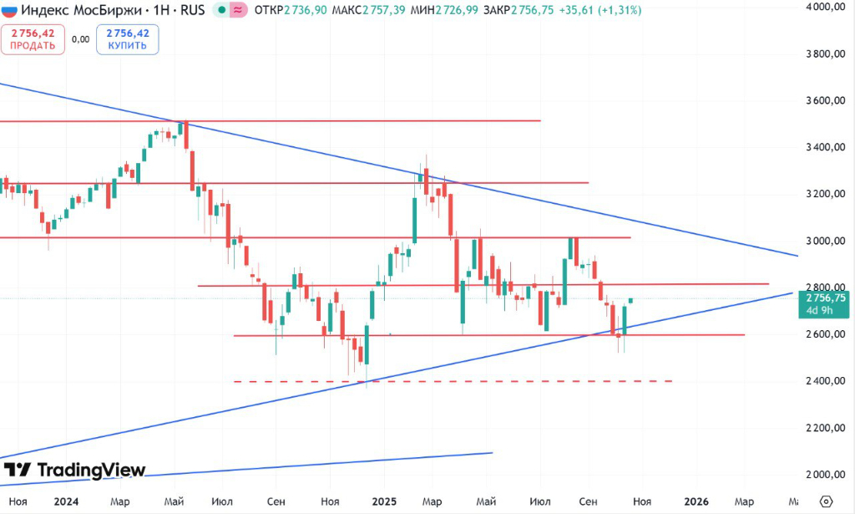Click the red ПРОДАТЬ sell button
[33, 39]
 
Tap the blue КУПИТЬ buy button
[127, 39]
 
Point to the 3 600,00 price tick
[822, 101]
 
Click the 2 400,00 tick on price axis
[822, 381]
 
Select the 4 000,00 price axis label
[822, 8]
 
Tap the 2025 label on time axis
[384, 501]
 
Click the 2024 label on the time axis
[65, 501]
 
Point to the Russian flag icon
[9, 11]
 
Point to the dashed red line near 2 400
[451, 381]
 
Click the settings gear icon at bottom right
[826, 501]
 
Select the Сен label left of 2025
[276, 501]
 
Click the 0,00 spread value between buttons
[80, 39]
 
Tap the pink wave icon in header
[238, 11]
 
